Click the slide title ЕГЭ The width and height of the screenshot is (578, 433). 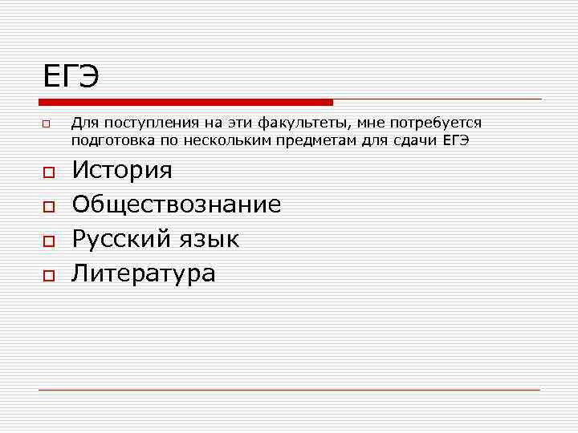pos(71,77)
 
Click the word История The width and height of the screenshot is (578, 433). pos(122,170)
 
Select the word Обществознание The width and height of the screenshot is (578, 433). pos(177,204)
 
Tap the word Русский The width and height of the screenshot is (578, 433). pos(121,239)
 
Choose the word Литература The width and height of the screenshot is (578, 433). pos(144,273)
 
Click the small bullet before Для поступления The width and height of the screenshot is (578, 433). pos(47,125)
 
